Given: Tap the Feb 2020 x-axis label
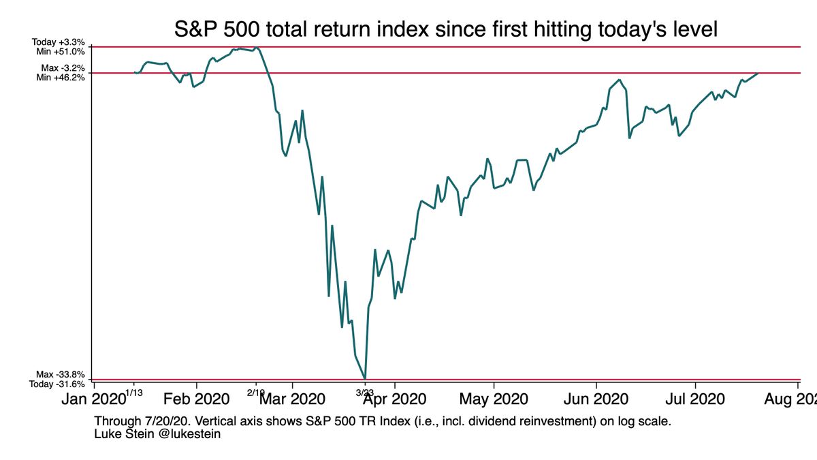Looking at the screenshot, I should click(x=197, y=399).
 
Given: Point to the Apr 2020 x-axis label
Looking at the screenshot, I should click(x=395, y=399).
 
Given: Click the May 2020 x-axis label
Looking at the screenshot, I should click(x=493, y=399).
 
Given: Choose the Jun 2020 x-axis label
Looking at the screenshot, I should click(x=596, y=399).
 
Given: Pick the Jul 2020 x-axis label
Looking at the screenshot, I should click(x=695, y=399).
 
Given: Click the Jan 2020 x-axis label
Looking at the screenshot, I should click(x=95, y=399).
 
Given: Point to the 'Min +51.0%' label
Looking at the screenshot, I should click(x=61, y=51).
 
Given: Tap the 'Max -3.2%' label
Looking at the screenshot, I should click(x=63, y=68).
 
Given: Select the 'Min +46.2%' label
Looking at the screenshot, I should click(x=61, y=77).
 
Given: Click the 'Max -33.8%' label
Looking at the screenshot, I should click(x=61, y=375).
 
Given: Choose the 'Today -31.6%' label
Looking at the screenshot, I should click(x=59, y=384).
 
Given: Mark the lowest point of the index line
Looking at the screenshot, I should click(x=366, y=378).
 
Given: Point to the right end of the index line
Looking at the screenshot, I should click(x=758, y=72).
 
